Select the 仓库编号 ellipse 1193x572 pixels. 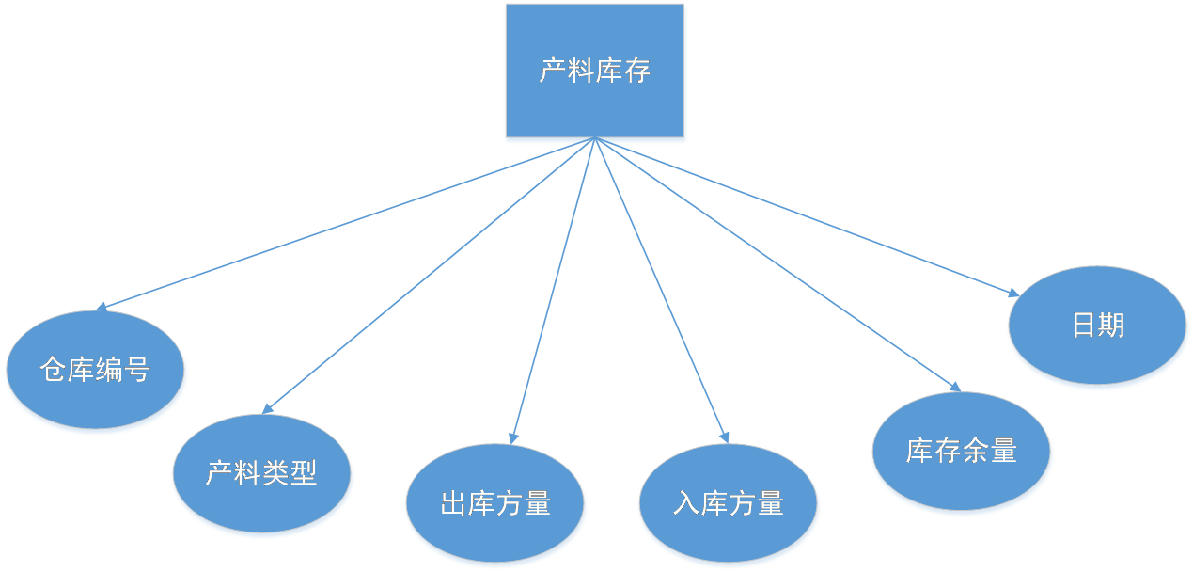[x=95, y=371]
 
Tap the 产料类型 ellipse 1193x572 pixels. [x=262, y=474]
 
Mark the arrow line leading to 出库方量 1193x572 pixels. [x=553, y=292]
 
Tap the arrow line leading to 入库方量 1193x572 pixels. [x=662, y=292]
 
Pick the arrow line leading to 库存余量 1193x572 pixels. [x=780, y=266]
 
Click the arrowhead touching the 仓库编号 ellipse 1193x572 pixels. [x=102, y=307]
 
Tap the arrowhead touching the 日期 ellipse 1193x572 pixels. [x=1014, y=293]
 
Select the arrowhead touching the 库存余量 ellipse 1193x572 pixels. [x=954, y=386]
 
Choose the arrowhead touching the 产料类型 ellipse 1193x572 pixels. [x=268, y=407]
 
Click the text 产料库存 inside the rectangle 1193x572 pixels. [x=595, y=71]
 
